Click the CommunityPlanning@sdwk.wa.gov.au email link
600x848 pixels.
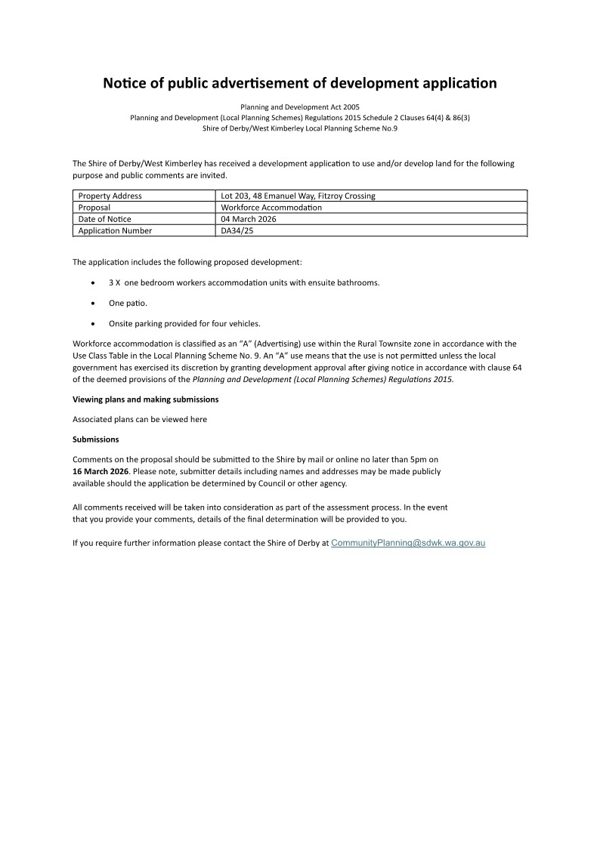click(x=408, y=543)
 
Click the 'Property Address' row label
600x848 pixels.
click(x=110, y=196)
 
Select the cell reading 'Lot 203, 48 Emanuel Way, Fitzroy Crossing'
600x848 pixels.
click(x=298, y=196)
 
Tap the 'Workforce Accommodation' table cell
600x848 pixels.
click(x=271, y=208)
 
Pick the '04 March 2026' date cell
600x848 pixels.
click(x=249, y=219)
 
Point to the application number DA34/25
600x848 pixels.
click(x=237, y=231)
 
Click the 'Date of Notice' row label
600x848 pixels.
click(x=104, y=219)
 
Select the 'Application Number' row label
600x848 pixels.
click(x=115, y=231)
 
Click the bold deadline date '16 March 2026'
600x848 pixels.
click(x=101, y=471)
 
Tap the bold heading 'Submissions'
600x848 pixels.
click(x=95, y=439)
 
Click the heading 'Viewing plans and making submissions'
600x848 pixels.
click(x=145, y=399)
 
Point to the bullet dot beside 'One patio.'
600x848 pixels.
click(x=92, y=304)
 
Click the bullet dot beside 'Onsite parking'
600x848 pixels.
click(x=92, y=324)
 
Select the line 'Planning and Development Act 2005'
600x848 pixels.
click(x=300, y=108)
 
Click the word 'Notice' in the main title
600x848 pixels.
click(x=125, y=83)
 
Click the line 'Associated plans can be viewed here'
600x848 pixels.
click(x=139, y=419)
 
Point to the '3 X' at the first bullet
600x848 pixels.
click(x=114, y=282)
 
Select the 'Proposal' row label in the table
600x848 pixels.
click(x=94, y=208)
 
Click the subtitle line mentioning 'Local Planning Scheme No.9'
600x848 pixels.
click(x=300, y=128)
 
